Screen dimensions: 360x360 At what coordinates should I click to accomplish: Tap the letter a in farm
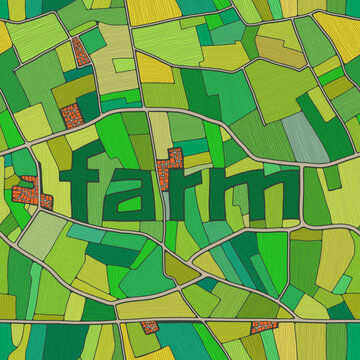[133, 195]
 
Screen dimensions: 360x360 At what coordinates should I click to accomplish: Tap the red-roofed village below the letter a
[149, 327]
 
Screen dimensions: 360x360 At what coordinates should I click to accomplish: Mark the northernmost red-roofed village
[76, 52]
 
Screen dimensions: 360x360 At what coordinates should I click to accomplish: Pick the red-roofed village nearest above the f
[69, 117]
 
